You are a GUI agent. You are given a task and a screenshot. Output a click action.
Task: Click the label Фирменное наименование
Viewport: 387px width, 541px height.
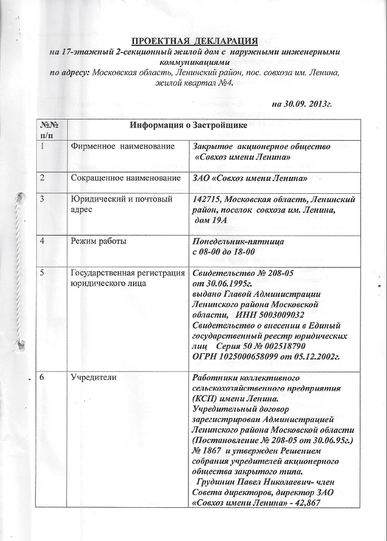[x=123, y=147]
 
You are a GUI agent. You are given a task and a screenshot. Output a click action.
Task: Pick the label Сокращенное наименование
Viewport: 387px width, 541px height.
[x=126, y=178]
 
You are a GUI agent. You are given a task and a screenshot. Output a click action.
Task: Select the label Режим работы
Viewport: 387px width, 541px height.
[x=98, y=242]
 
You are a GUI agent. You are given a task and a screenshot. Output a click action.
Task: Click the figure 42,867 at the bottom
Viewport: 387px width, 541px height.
[x=321, y=503]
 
